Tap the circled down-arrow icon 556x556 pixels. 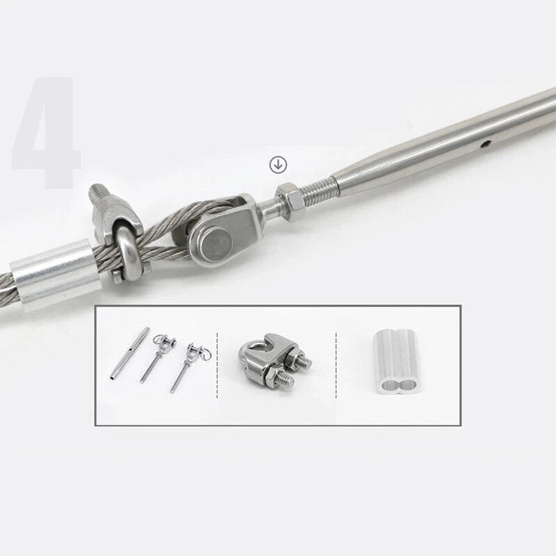278,165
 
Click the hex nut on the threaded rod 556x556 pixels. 290,202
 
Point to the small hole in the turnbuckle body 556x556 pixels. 486,144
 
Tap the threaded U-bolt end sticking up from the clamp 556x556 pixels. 98,197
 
